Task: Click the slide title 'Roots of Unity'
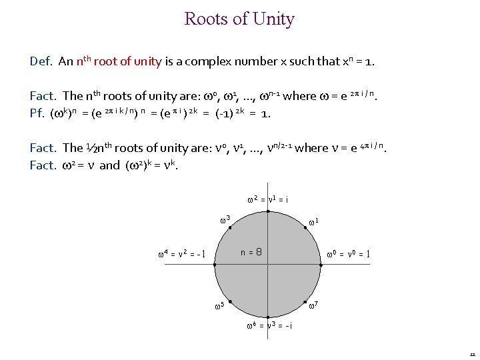coord(239,19)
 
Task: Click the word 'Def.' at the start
coord(41,61)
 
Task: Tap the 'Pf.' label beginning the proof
coord(38,113)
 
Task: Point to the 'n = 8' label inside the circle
coord(251,253)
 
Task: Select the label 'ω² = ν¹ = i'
coord(267,199)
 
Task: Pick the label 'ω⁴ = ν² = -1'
coord(181,253)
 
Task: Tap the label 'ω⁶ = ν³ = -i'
coord(269,326)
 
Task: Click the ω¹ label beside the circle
coord(315,221)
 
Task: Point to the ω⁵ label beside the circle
coord(218,307)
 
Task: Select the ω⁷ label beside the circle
coord(314,305)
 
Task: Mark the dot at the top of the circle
coord(268,211)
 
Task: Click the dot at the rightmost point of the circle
coord(321,265)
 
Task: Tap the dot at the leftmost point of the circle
coord(215,265)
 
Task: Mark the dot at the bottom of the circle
coord(268,317)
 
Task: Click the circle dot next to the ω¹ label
coord(305,227)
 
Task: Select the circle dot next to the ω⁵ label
coord(231,302)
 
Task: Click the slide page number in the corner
coord(472,354)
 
